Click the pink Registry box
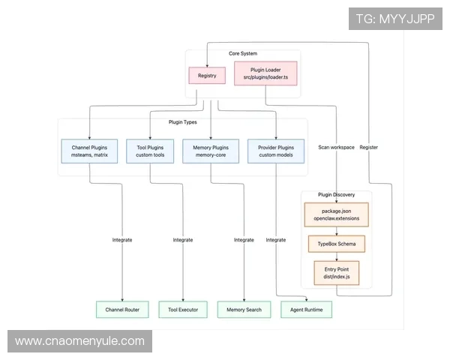(207, 75)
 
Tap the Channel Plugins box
(89, 151)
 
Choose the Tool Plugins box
(150, 151)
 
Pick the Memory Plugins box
(211, 151)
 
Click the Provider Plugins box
(276, 151)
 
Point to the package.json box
(336, 214)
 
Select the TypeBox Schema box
(336, 244)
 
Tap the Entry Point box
(336, 273)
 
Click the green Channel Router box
(122, 309)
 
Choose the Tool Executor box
(183, 309)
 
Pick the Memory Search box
(244, 309)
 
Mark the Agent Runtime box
(306, 309)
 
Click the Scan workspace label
(336, 147)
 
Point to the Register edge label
(368, 147)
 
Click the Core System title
(244, 54)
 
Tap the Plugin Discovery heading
(337, 195)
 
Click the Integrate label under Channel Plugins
(122, 240)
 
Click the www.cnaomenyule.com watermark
(80, 341)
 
